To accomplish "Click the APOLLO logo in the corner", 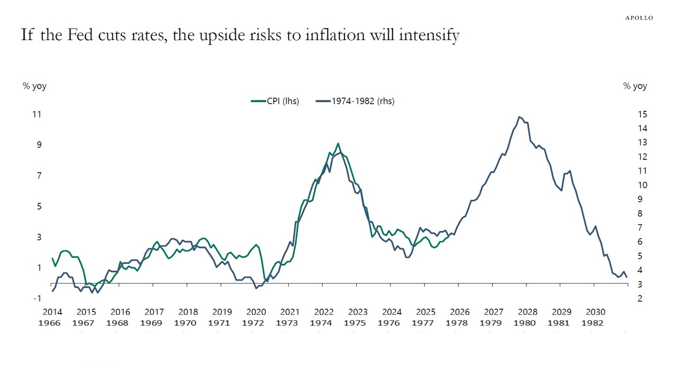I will pos(639,18).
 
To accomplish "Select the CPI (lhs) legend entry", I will pos(275,101).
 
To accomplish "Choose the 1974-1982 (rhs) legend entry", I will pos(356,101).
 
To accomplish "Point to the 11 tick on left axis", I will pos(37,114).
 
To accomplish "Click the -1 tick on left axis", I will pos(37,299).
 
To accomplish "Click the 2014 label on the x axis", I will pos(52,312).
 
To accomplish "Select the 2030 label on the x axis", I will pos(595,312).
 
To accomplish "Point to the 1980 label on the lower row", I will pos(527,323).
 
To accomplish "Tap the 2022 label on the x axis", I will pos(324,312).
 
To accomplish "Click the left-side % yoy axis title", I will pos(34,86).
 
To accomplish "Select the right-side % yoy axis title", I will pos(635,86).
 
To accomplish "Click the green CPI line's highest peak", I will pos(338,143).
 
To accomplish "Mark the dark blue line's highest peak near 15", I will pos(520,117).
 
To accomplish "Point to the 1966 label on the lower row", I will pos(52,323).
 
